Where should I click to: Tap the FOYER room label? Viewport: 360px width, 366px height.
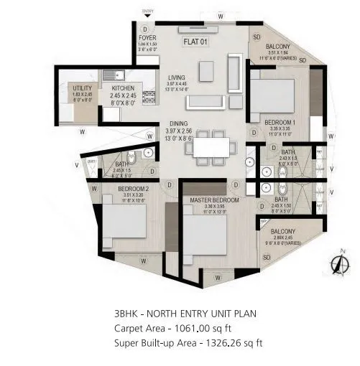(x=147, y=38)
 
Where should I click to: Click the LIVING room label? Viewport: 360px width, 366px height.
(x=176, y=78)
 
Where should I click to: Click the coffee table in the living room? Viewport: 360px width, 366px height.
(x=207, y=70)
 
